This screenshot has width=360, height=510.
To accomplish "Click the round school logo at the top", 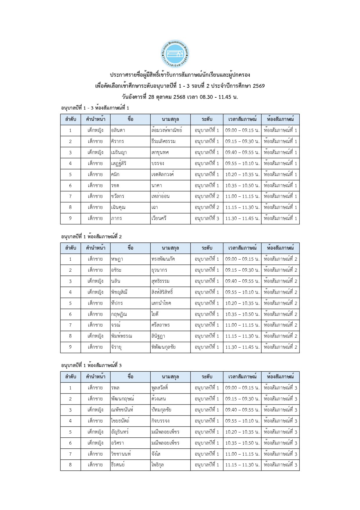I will coord(175,54).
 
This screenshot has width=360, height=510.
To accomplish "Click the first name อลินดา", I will coord(118,130).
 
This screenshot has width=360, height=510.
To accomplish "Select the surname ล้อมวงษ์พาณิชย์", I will coord(167,130).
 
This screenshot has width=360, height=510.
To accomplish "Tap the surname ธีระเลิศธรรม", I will coord(163,142).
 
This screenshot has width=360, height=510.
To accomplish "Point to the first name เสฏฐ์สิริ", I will coord(119,164).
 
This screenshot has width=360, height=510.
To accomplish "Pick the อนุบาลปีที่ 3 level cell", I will coord(207,219).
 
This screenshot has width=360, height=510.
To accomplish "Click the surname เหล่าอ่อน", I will coord(160,196).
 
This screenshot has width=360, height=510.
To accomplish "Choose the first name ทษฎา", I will coord(117,259).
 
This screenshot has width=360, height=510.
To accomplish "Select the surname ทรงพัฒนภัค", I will coord(163,259).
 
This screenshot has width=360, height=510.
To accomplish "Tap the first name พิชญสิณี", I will coord(119,292).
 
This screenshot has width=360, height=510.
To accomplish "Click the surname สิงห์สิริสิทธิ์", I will coord(162,292).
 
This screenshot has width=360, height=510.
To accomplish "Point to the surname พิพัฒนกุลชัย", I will coord(163,347).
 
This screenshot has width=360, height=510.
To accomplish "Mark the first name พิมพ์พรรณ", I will coord(121,336).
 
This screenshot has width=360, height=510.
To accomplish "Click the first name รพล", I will coord(115,388).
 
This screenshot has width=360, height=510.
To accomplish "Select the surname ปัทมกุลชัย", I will coord(161,410).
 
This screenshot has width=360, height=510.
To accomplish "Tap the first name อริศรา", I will coord(118,443).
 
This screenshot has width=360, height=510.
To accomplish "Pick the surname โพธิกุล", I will coord(157,465).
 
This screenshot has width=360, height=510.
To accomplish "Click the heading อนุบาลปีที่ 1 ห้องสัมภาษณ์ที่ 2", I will coord(91,237).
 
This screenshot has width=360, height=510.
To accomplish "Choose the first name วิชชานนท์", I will coord(121,454).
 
